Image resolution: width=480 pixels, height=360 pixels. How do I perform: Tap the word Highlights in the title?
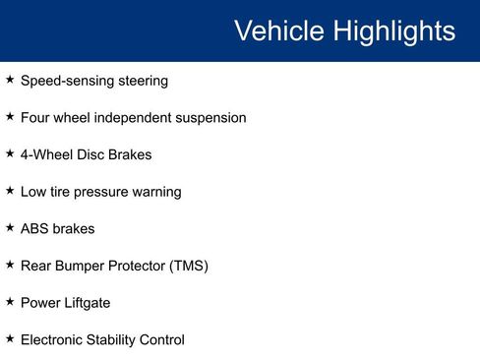pyautogui.click(x=392, y=30)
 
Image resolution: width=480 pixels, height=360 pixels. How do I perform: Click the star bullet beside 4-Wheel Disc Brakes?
pyautogui.click(x=10, y=153)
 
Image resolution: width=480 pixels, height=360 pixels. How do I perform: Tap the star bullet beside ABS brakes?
pyautogui.click(x=10, y=227)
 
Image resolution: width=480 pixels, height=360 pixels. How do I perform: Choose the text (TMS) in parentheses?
pyautogui.click(x=188, y=266)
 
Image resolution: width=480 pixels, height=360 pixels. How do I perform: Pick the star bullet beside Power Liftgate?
pyautogui.click(x=10, y=302)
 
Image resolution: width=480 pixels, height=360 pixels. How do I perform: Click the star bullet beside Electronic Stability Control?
pyautogui.click(x=10, y=339)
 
